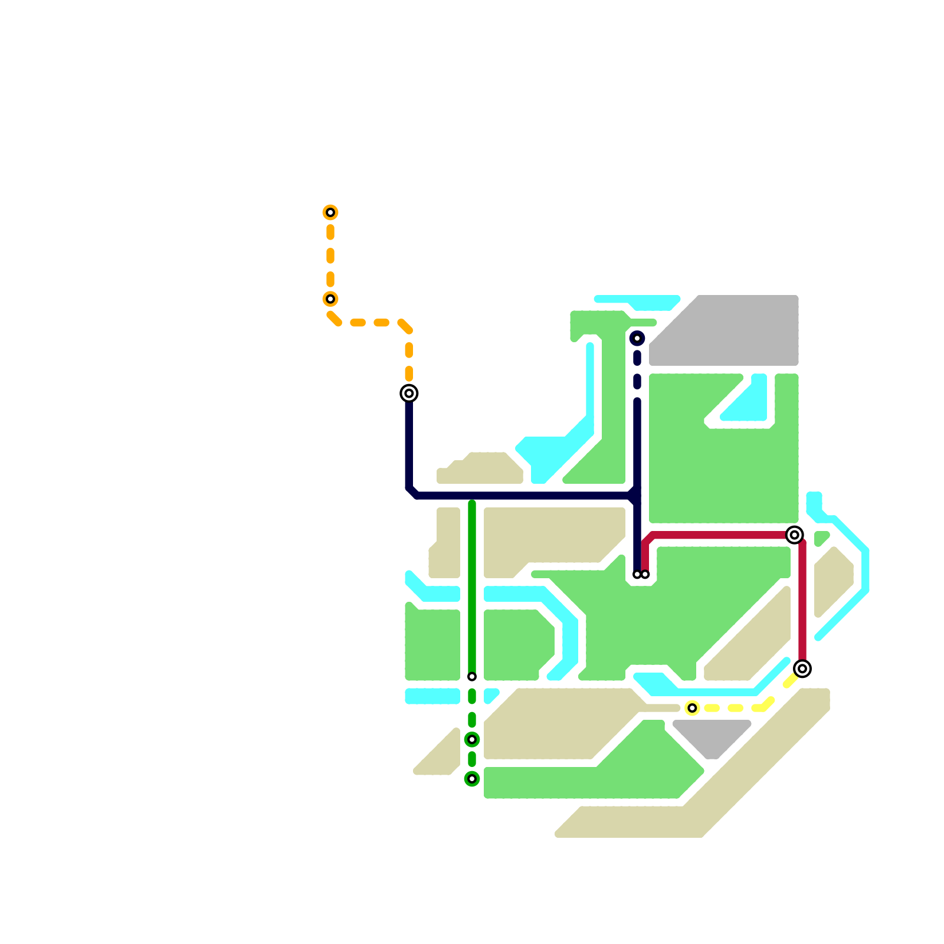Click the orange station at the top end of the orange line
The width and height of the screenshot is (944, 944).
tap(330, 212)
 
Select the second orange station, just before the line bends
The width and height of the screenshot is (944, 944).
tap(330, 299)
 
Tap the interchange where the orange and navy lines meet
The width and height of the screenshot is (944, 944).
tap(409, 393)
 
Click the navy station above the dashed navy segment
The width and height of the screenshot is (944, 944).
tap(637, 338)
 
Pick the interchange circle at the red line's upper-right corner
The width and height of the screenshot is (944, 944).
tap(795, 535)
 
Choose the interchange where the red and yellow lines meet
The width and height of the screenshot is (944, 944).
tap(802, 668)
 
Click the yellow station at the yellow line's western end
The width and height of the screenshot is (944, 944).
tap(692, 708)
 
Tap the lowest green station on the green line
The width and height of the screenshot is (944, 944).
tap(472, 779)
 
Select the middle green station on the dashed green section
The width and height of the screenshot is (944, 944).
tap(472, 739)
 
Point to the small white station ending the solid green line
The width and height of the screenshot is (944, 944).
tap(472, 677)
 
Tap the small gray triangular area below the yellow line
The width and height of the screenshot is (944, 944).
tap(712, 737)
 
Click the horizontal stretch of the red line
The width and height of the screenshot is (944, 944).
tap(720, 535)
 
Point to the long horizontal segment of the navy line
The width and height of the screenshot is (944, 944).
tap(519, 496)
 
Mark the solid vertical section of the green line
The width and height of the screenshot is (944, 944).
tap(472, 590)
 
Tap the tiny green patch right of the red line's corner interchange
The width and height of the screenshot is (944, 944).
tap(821, 538)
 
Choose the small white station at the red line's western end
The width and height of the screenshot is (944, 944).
tap(645, 575)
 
